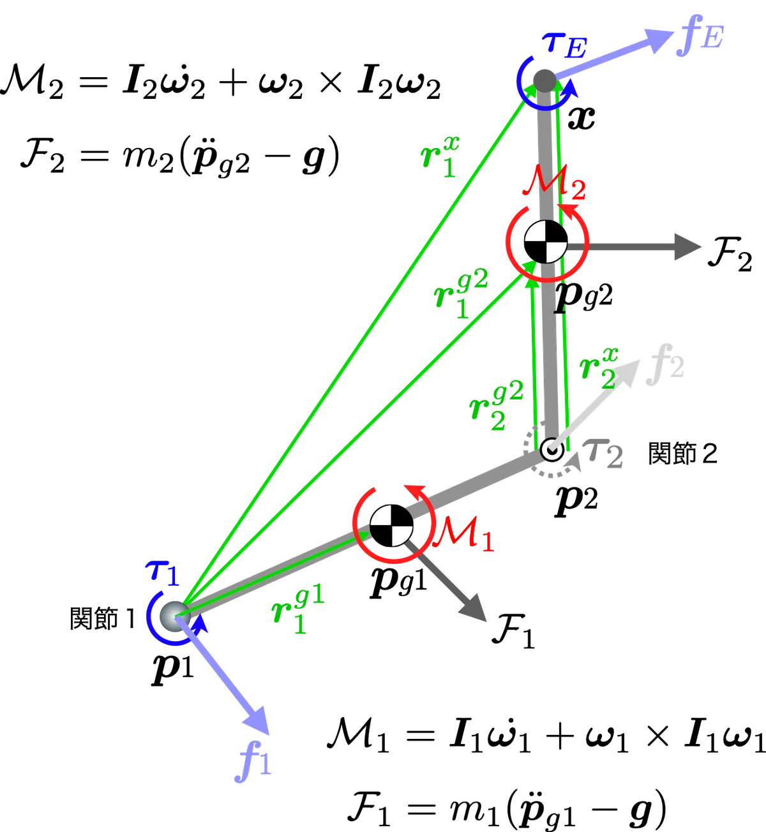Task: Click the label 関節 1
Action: pos(103,619)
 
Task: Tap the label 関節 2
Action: pos(682,454)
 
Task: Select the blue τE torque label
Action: pos(564,46)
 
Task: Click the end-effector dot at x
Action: pos(544,81)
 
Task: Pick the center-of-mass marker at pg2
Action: pos(545,242)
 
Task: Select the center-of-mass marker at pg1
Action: pos(391,526)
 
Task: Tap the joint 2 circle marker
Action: pos(552,450)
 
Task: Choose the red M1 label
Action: pos(463,535)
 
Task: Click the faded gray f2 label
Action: pos(665,364)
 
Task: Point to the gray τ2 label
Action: pos(603,454)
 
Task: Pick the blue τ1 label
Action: pos(162,573)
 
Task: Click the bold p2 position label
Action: pos(576,503)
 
